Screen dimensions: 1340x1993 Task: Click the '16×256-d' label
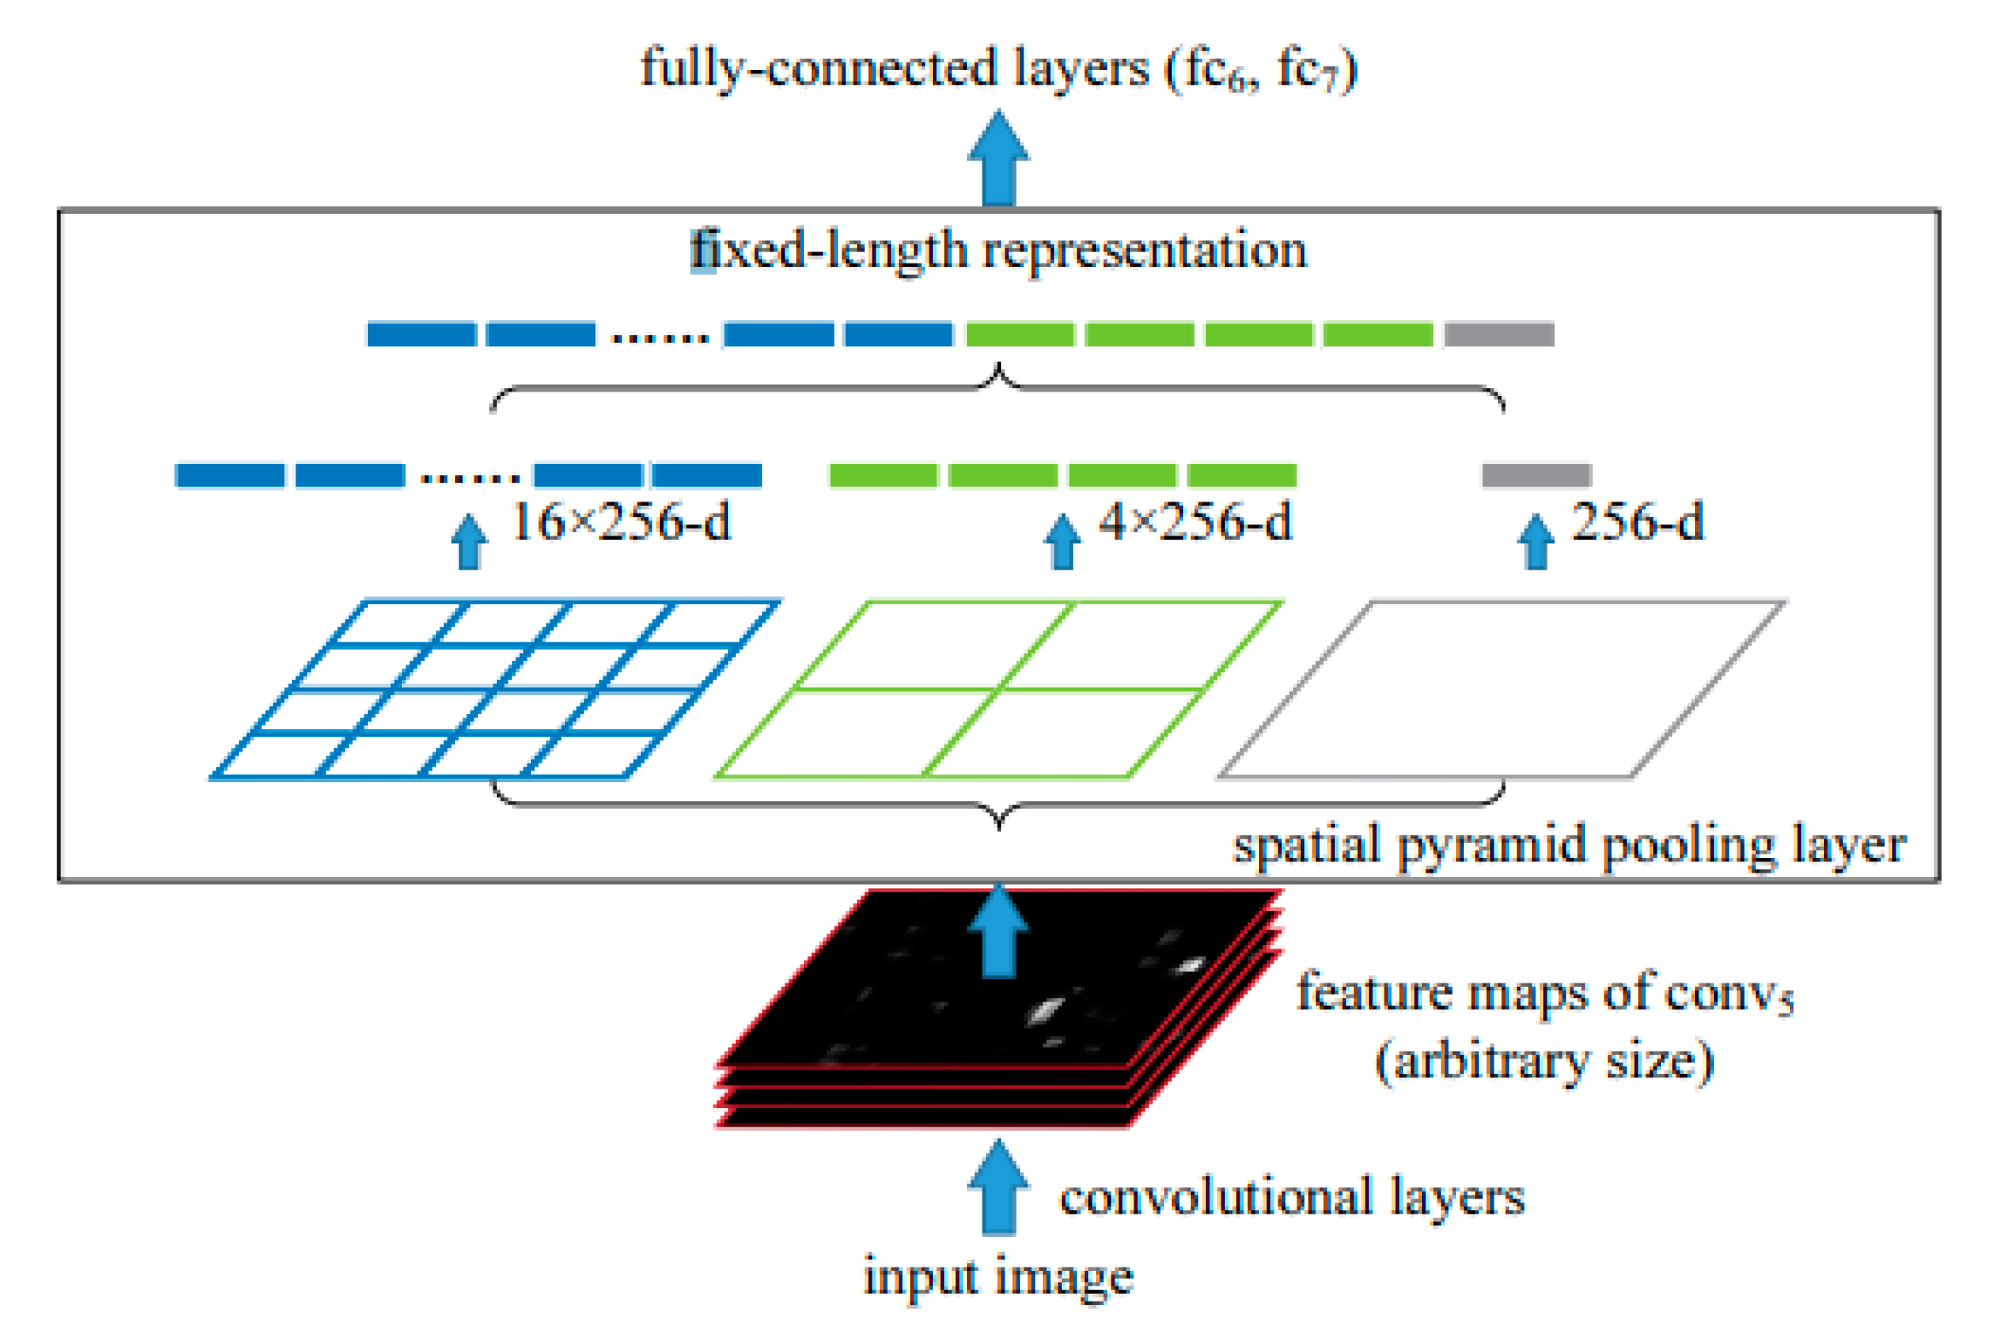pos(621,522)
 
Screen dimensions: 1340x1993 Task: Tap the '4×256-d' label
pos(1195,522)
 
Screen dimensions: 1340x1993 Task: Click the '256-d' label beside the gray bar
pos(1636,522)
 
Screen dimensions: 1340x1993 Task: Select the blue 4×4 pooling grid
pos(494,690)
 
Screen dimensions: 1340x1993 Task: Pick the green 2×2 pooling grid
pos(998,690)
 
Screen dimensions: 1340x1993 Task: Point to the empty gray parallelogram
pos(1501,690)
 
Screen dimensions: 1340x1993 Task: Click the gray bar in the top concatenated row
pos(1499,334)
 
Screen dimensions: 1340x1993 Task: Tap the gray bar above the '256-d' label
pos(1536,475)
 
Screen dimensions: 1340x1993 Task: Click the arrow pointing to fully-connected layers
pos(998,159)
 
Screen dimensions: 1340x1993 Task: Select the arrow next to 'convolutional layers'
pos(998,1188)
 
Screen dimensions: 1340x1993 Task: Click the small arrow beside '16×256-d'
pos(469,542)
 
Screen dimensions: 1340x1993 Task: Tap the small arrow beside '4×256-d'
pos(1063,542)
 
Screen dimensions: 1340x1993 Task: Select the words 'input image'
pos(998,1278)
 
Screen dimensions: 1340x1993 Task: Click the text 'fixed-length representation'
pos(998,251)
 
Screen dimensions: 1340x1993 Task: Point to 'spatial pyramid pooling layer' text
pos(1569,846)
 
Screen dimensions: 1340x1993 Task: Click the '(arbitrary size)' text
pos(1544,1061)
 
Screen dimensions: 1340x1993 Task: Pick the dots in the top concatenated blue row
pos(660,338)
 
